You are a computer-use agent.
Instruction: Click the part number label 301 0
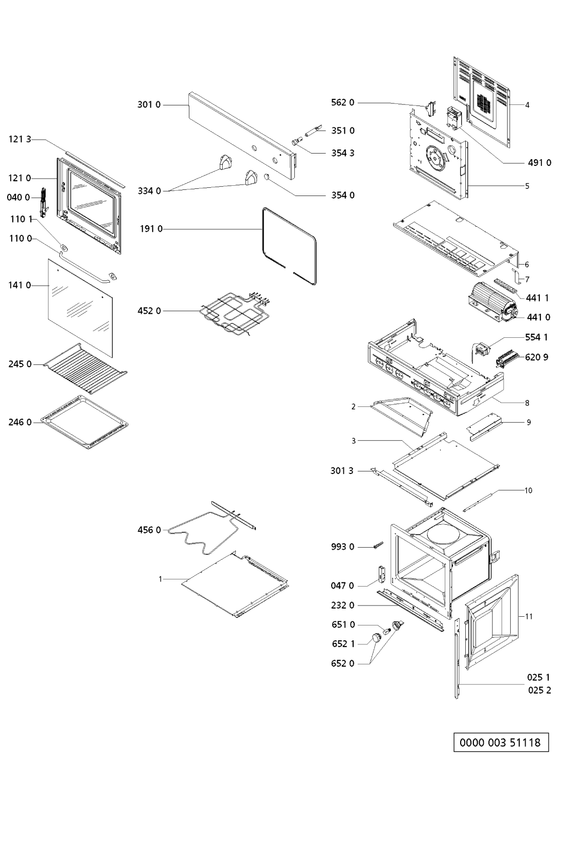click(x=148, y=105)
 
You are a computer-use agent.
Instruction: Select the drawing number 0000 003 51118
click(x=501, y=742)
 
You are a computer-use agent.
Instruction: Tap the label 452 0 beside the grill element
click(x=149, y=311)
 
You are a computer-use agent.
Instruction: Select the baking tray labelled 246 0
click(x=84, y=423)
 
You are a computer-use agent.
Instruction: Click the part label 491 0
click(x=539, y=163)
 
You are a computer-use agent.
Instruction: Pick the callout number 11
click(x=529, y=616)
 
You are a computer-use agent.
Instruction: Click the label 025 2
click(x=539, y=690)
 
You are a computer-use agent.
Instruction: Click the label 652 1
click(x=342, y=644)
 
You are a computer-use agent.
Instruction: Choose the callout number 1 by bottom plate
click(x=160, y=579)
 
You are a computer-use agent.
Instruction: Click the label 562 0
click(x=342, y=102)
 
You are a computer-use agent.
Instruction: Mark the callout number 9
click(x=529, y=422)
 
